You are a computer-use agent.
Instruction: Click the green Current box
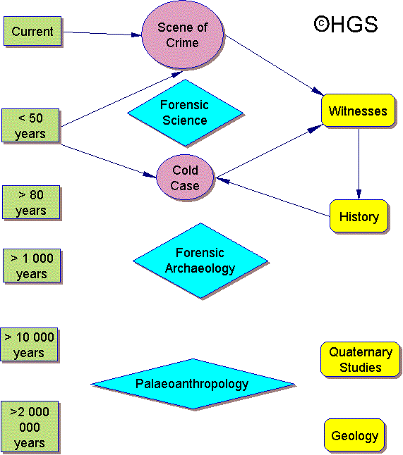[x=32, y=31]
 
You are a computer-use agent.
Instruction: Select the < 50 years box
[x=30, y=125]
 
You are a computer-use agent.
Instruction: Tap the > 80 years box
[x=31, y=202]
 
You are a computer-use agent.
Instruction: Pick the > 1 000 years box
[x=32, y=266]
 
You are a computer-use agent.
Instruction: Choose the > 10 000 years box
[x=29, y=344]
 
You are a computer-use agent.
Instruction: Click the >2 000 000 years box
[x=30, y=427]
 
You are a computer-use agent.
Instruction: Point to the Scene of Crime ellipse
[x=183, y=35]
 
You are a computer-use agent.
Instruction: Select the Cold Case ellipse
[x=185, y=177]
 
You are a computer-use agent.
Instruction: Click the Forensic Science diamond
[x=185, y=113]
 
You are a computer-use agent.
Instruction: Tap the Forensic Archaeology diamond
[x=200, y=261]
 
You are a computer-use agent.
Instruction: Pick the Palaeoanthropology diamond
[x=193, y=384]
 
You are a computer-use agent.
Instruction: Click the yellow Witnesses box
[x=359, y=111]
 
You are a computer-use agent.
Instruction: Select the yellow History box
[x=359, y=216]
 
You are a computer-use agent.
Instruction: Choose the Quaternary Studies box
[x=361, y=359]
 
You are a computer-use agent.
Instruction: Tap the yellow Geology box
[x=355, y=435]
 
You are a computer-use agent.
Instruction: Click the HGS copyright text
[x=346, y=24]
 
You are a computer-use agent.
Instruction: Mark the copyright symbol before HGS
[x=322, y=24]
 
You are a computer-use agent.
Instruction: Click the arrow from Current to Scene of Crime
[x=102, y=33]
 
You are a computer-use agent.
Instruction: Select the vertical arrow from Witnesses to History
[x=359, y=164]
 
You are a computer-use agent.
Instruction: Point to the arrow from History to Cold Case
[x=273, y=197]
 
